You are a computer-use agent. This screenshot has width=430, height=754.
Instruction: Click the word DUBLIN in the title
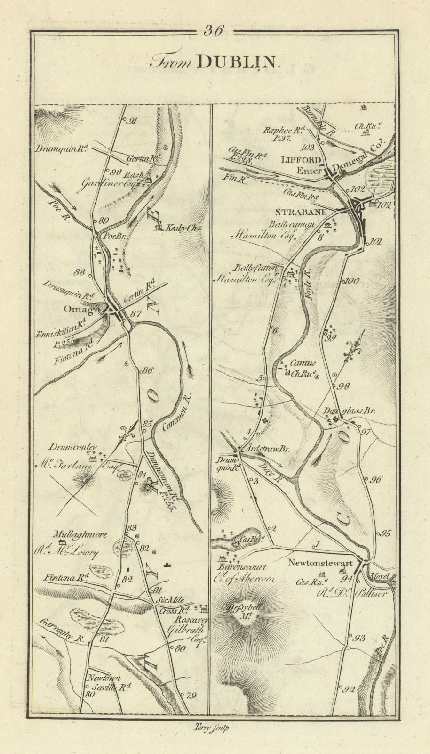pos(238,63)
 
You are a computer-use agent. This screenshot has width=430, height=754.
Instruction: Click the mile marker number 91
pos(132,121)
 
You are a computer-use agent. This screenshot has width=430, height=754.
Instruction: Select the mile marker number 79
pos(191,695)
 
